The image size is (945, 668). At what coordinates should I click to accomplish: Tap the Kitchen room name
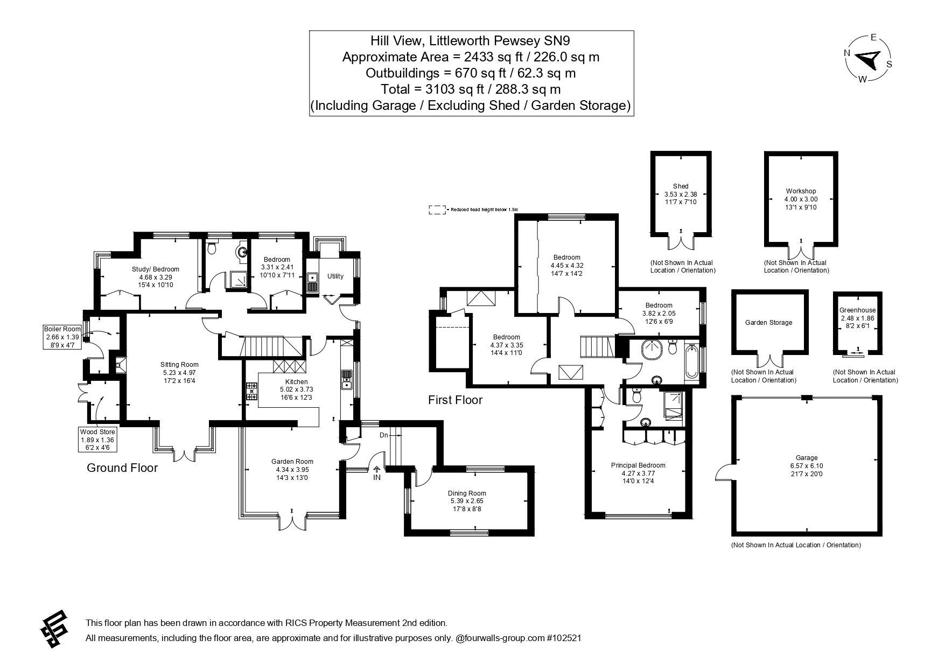tap(293, 382)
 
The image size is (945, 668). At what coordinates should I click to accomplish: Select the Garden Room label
tap(292, 462)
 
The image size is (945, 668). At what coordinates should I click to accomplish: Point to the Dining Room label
tap(466, 493)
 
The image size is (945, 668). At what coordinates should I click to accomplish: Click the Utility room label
tap(335, 276)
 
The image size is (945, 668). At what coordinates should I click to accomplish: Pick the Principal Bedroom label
tap(638, 465)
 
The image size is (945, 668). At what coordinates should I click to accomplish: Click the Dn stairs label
tap(384, 435)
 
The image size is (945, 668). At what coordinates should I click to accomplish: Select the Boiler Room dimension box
tap(63, 337)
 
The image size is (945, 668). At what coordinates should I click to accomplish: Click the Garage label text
tap(806, 458)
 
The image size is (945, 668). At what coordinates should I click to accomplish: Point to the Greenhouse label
tap(857, 310)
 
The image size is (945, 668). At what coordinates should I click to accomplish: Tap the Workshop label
tap(800, 191)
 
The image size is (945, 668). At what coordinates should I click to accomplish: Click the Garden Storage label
tap(768, 323)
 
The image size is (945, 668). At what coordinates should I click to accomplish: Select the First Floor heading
tap(455, 400)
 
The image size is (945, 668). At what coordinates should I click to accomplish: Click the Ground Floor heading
tap(122, 468)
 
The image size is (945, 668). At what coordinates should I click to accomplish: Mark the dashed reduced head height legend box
tap(437, 210)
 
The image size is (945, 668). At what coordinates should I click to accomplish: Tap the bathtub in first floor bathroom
tap(691, 363)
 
